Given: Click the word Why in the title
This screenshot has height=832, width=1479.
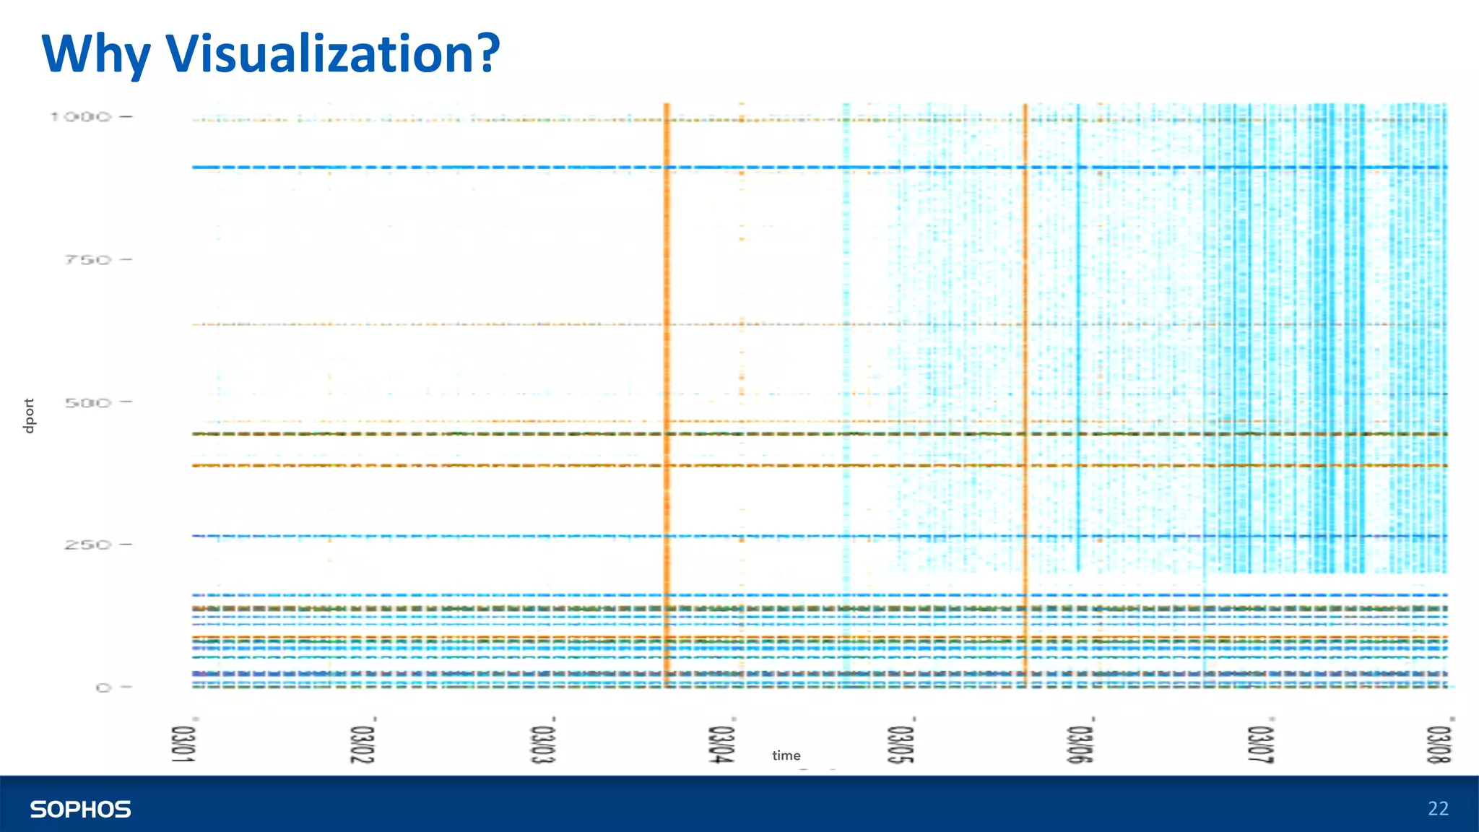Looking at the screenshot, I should pyautogui.click(x=95, y=55).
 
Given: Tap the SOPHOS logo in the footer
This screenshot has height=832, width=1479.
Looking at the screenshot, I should pyautogui.click(x=80, y=809).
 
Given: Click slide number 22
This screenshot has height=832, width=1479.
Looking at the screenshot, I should pyautogui.click(x=1438, y=809).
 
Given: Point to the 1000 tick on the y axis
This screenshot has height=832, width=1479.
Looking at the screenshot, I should pyautogui.click(x=81, y=116).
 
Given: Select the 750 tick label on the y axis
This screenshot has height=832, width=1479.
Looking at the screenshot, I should pyautogui.click(x=88, y=259).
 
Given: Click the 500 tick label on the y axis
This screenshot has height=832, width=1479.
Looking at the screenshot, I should pyautogui.click(x=88, y=402).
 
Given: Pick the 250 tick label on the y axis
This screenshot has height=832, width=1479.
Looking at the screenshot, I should pyautogui.click(x=88, y=545).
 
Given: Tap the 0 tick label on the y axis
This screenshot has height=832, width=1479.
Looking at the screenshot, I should pyautogui.click(x=104, y=688).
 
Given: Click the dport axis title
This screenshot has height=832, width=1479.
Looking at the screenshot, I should pyautogui.click(x=29, y=416).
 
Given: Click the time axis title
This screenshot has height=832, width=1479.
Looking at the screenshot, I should pyautogui.click(x=786, y=755).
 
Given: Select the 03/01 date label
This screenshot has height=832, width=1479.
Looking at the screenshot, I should pyautogui.click(x=183, y=744).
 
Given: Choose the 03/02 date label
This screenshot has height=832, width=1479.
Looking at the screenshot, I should pyautogui.click(x=363, y=744).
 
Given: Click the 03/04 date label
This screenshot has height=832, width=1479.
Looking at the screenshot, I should pyautogui.click(x=721, y=744).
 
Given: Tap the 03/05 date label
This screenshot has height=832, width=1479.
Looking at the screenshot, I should pyautogui.click(x=901, y=744).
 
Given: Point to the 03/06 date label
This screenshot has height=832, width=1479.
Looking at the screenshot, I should pyautogui.click(x=1080, y=744).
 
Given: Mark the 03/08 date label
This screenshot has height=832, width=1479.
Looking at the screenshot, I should pyautogui.click(x=1439, y=744).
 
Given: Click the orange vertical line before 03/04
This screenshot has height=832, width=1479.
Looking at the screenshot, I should pyautogui.click(x=667, y=361).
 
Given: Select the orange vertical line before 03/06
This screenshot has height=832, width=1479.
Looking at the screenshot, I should pyautogui.click(x=1025, y=361).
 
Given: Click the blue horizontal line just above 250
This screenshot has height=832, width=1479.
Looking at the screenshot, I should pyautogui.click(x=506, y=537).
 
